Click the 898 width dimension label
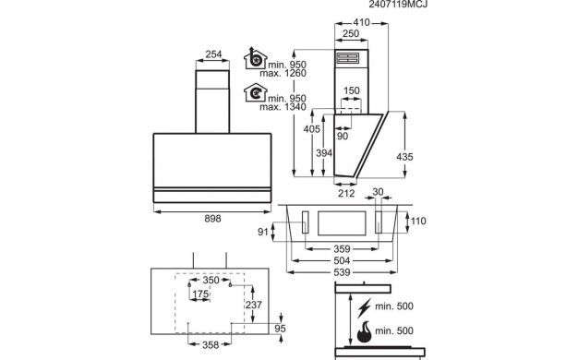212,219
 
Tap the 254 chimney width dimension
213,54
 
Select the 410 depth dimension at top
361,22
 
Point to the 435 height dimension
404,157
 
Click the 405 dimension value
312,129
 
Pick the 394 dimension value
324,153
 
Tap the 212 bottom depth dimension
346,193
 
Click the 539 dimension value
342,272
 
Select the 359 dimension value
342,249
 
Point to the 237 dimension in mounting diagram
254,306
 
